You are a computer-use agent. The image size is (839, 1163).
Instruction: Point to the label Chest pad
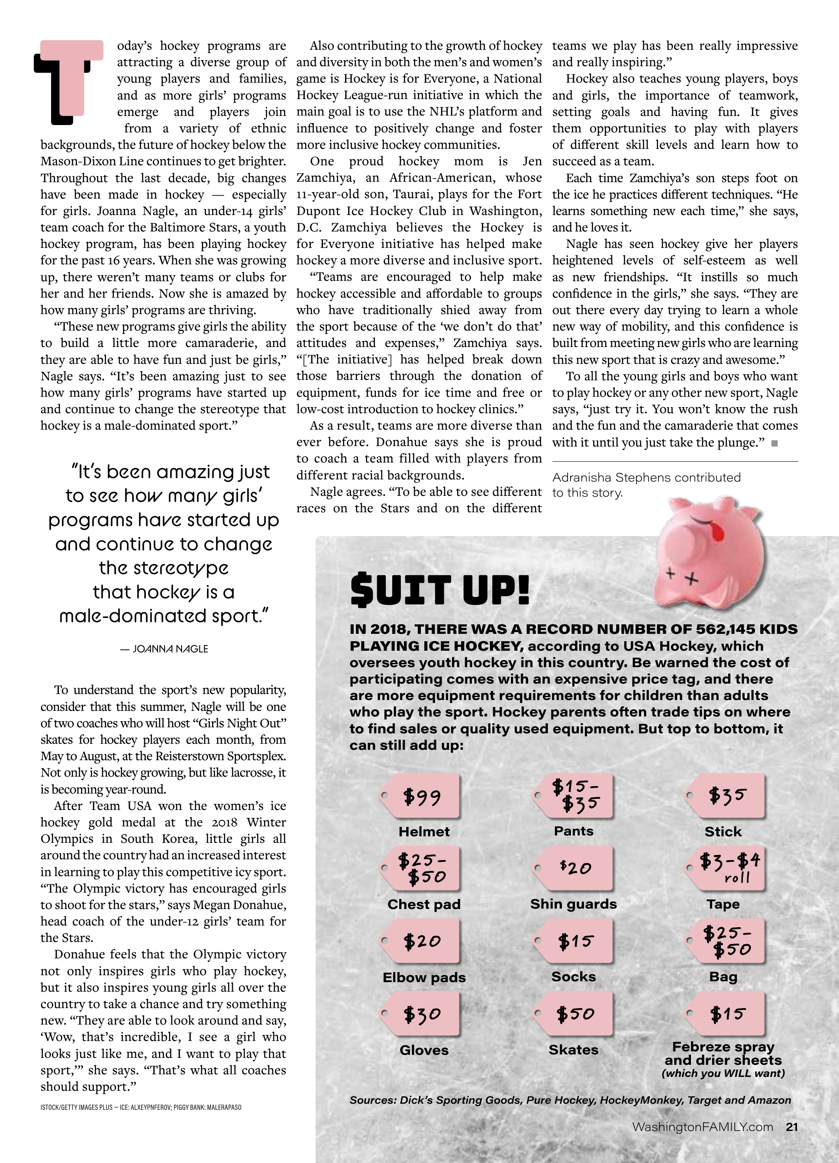tap(424, 904)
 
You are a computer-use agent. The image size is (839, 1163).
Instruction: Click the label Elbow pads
tap(424, 977)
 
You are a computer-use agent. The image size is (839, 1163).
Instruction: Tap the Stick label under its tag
tap(723, 831)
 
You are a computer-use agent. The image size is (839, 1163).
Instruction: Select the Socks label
tap(573, 977)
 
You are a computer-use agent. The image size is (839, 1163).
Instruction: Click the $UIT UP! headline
tap(439, 591)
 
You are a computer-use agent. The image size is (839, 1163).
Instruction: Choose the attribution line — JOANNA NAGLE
tap(164, 649)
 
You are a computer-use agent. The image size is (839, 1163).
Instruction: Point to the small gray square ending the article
tap(775, 443)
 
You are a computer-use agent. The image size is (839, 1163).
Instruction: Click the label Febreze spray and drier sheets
tap(723, 1053)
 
